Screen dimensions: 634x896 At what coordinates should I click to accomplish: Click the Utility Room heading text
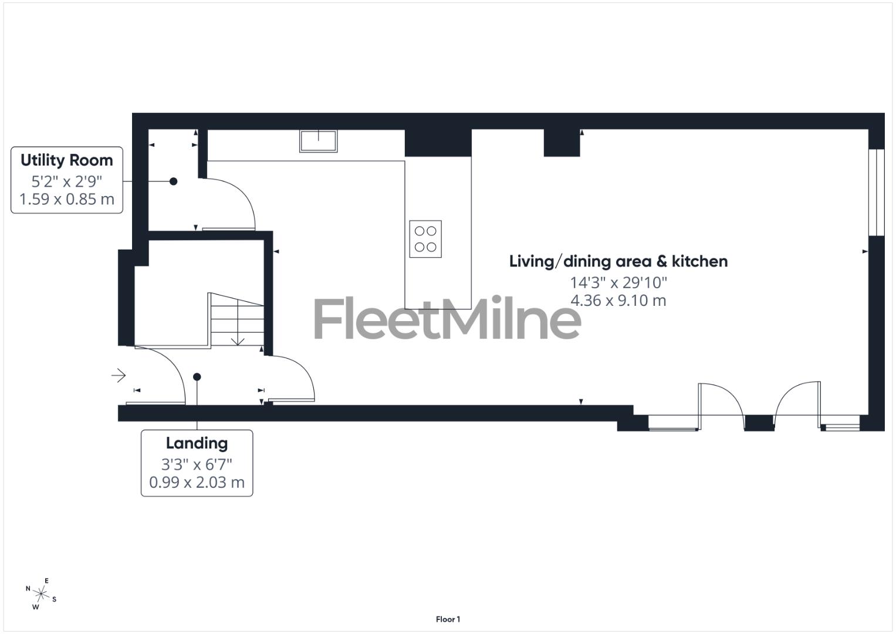[x=66, y=160]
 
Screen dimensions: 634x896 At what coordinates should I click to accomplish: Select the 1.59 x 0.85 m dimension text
[x=66, y=199]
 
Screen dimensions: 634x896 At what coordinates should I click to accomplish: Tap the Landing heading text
[x=197, y=443]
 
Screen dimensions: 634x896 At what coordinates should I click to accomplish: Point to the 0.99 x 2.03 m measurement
[x=197, y=483]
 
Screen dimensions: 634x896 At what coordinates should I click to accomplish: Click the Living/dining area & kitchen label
[x=618, y=261]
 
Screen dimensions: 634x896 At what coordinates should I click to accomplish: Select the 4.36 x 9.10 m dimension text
[x=618, y=301]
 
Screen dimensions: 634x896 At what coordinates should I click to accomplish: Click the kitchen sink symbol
[x=319, y=141]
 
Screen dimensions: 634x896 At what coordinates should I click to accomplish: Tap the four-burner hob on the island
[x=425, y=239]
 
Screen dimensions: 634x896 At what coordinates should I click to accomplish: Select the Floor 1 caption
[x=448, y=619]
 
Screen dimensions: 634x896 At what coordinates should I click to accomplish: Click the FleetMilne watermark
[x=447, y=319]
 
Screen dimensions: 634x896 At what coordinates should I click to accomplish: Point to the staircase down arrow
[x=238, y=340]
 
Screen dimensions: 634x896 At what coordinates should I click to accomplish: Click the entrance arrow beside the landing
[x=119, y=375]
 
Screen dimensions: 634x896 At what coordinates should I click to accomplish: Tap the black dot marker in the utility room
[x=173, y=181]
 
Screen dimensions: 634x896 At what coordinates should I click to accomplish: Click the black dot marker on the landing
[x=197, y=377]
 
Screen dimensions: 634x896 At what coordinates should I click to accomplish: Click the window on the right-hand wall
[x=875, y=192]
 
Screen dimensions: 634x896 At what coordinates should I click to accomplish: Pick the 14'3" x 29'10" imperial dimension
[x=618, y=282]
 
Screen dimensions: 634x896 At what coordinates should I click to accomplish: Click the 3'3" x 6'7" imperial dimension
[x=197, y=464]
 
